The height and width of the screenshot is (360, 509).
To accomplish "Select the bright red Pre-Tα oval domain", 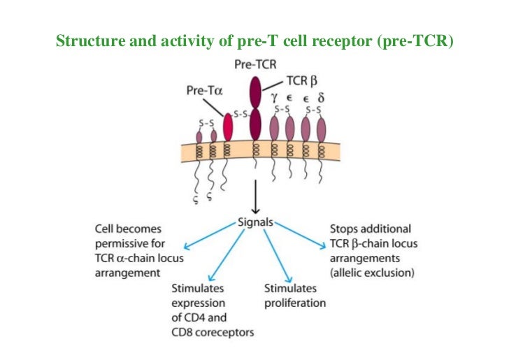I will point(227,127).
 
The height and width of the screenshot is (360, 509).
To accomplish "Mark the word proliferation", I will point(294,303).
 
